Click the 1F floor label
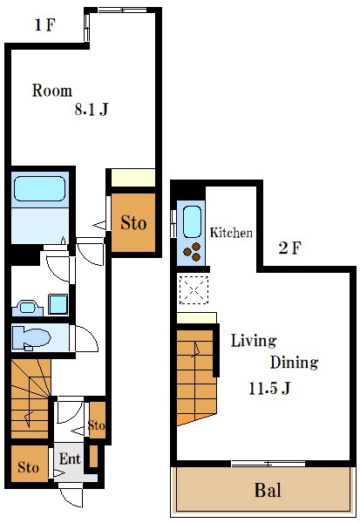click(44, 24)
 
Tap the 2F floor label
click(289, 248)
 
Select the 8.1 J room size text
click(91, 109)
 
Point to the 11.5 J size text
click(269, 388)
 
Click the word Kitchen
click(231, 233)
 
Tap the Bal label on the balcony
click(268, 490)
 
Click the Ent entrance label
click(70, 459)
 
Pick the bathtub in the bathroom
click(40, 188)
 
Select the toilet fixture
click(31, 338)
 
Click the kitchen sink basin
click(192, 221)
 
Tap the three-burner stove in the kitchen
click(193, 252)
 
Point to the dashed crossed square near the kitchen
click(194, 289)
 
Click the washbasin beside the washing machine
click(28, 307)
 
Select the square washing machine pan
click(58, 304)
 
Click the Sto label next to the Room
click(133, 223)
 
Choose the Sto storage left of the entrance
click(28, 467)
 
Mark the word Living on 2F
click(254, 342)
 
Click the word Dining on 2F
click(294, 363)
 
